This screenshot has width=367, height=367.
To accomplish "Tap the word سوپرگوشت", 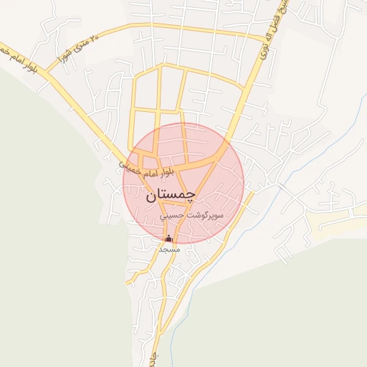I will (208, 215).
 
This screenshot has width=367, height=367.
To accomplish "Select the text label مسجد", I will (168, 249).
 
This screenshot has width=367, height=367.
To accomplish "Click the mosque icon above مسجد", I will (168, 238).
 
